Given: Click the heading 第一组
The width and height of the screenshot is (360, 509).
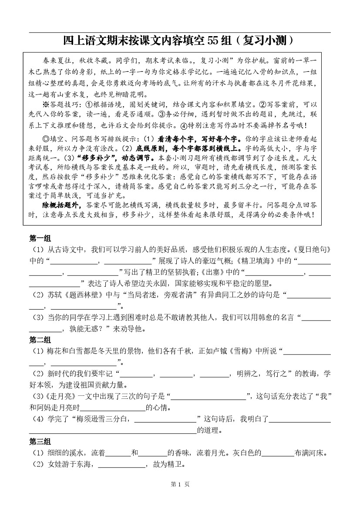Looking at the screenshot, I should point(40,239).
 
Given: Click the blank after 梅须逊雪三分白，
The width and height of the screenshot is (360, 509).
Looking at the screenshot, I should point(165,419).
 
